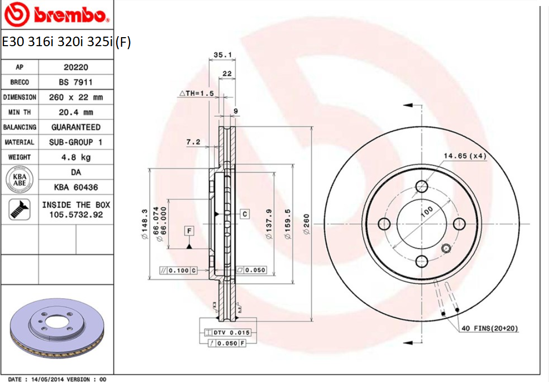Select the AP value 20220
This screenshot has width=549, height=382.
click(76, 67)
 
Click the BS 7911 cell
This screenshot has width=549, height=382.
click(76, 82)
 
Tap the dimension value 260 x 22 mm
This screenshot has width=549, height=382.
click(76, 97)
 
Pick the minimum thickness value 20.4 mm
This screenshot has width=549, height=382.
click(76, 112)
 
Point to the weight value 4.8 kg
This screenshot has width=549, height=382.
click(76, 158)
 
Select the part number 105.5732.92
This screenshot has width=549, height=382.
click(76, 214)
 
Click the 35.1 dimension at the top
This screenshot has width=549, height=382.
click(219, 55)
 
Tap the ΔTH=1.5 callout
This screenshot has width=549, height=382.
click(197, 93)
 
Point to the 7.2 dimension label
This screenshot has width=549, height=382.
click(193, 142)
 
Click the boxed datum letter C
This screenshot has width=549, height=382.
click(244, 214)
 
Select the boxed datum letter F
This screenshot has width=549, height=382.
click(189, 231)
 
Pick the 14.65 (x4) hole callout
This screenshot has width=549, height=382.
click(465, 156)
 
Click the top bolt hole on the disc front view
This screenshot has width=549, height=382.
click(421, 187)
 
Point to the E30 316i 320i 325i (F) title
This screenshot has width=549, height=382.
click(66, 42)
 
